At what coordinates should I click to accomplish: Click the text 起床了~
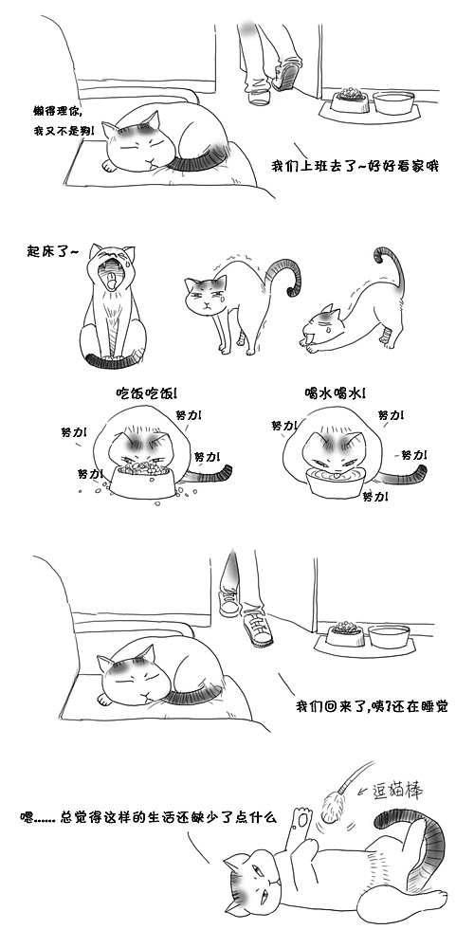(55, 251)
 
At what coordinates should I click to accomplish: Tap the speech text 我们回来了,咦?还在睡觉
(372, 706)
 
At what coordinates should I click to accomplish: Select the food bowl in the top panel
(348, 99)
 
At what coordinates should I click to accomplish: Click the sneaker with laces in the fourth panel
(257, 625)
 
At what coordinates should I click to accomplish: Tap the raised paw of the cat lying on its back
(301, 818)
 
